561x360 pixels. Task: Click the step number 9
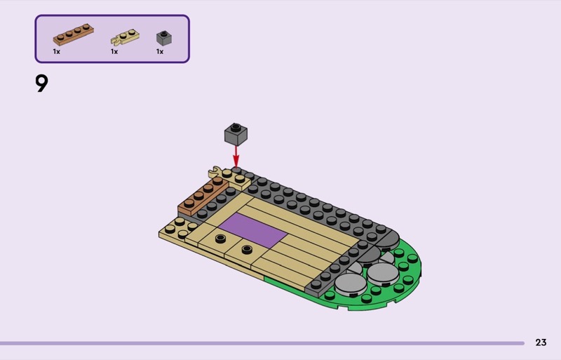41,84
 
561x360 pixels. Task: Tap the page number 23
541,342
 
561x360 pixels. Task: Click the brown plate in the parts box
74,34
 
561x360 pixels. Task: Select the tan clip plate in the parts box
125,37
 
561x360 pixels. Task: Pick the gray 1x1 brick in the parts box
164,38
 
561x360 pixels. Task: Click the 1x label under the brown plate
57,52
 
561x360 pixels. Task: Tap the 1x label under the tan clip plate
114,52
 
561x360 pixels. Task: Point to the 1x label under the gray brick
160,52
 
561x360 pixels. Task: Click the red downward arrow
236,156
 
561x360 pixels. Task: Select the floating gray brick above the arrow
236,134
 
